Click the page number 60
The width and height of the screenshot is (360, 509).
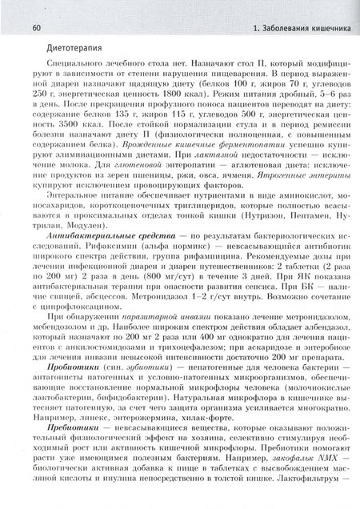15,8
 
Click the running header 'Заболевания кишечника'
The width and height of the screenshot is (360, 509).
305,8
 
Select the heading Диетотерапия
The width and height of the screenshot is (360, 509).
50,49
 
